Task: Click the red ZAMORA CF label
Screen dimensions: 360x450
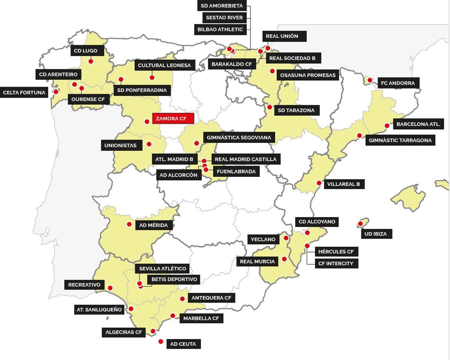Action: (x=173, y=118)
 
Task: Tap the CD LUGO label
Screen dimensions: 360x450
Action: (x=85, y=51)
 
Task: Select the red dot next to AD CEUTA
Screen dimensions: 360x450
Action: (x=161, y=342)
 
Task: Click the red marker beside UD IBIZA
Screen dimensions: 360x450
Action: (x=360, y=224)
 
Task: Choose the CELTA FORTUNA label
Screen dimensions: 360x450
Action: (x=24, y=93)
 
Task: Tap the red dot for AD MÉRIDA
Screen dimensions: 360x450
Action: (x=129, y=224)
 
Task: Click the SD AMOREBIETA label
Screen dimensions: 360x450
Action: (x=222, y=6)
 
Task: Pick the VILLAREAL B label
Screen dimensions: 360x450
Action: (x=343, y=184)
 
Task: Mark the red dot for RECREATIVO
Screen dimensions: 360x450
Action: (x=110, y=288)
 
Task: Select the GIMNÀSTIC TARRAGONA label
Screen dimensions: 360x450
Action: (x=400, y=140)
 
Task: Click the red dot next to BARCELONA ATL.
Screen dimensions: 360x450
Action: (x=387, y=126)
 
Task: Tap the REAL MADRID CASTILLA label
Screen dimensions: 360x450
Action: (x=246, y=159)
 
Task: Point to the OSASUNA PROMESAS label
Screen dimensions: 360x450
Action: (x=308, y=75)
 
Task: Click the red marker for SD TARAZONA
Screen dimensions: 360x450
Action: (x=269, y=107)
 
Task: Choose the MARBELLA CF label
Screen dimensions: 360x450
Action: (x=201, y=318)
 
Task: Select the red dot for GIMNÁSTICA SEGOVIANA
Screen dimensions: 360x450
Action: (x=196, y=143)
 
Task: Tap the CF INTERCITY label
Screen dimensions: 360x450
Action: (x=336, y=263)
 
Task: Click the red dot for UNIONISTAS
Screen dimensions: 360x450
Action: (x=149, y=144)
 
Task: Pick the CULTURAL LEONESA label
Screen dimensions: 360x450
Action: (x=164, y=65)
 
